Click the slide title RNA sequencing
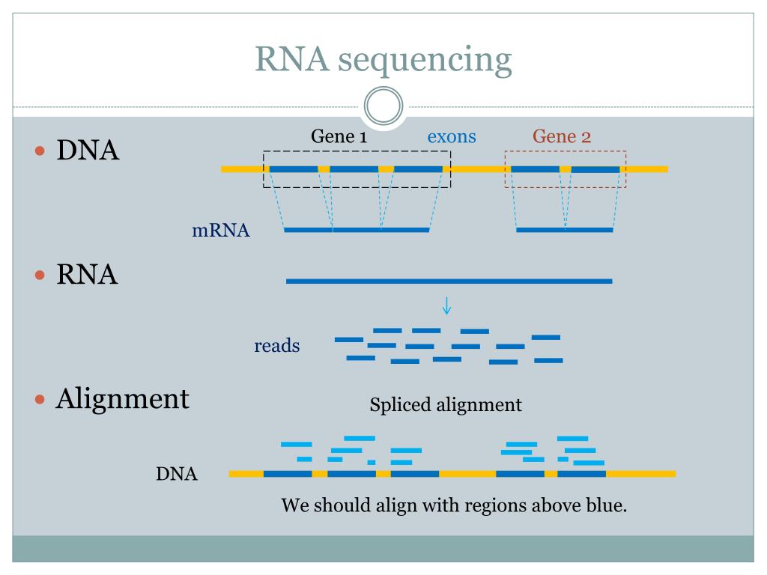click(x=383, y=59)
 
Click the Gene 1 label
click(x=339, y=136)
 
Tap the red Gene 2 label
click(x=562, y=136)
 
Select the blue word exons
click(x=452, y=136)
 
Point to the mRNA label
click(x=221, y=231)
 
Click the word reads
click(x=277, y=346)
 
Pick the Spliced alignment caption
click(x=446, y=405)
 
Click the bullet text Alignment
click(x=123, y=398)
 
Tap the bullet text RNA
click(x=88, y=275)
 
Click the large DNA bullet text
click(x=88, y=150)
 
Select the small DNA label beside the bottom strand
click(x=177, y=474)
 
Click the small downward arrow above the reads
click(x=447, y=305)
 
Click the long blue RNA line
click(x=449, y=281)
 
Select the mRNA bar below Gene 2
click(x=564, y=230)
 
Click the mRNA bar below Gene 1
click(x=357, y=230)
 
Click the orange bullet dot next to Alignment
click(x=41, y=398)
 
